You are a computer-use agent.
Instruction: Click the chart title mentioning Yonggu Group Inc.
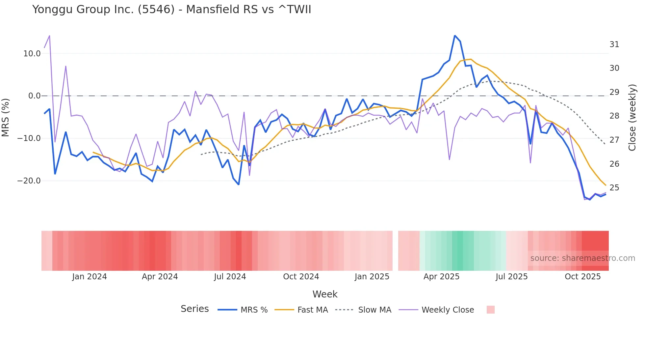pos(171,10)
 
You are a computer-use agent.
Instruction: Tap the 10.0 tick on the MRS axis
pos(32,54)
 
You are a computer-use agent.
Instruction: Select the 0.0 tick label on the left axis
pos(35,96)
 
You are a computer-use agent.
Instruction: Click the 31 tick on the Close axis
pos(614,44)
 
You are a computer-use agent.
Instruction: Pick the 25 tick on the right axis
pos(614,188)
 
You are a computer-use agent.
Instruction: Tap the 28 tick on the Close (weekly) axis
pos(614,116)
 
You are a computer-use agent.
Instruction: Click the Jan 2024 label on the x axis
pos(90,277)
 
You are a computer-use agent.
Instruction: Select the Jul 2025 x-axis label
pos(511,277)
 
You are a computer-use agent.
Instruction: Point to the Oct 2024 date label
pos(301,277)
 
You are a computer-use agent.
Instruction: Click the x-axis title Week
pos(325,294)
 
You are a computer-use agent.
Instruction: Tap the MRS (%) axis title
pos(6,117)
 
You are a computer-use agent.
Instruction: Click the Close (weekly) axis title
pos(632,117)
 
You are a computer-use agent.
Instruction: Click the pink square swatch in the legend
pos(490,310)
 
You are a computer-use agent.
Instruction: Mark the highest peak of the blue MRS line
pos(455,36)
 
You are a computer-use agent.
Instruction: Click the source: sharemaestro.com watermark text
pos(582,258)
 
